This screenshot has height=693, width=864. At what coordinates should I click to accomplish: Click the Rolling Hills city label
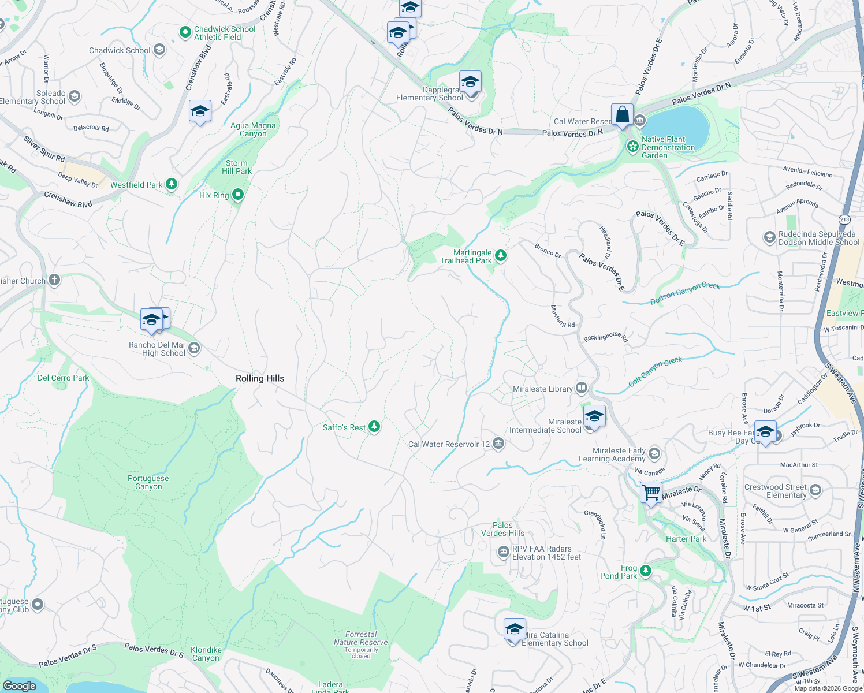pos(260,378)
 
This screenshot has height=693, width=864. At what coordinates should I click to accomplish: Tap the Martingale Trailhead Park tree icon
pos(501,255)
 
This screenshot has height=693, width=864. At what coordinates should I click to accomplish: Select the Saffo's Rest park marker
pos(374,427)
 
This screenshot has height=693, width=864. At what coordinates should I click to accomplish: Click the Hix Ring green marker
pos(237,195)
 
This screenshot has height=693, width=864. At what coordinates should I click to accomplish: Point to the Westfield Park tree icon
pos(172,184)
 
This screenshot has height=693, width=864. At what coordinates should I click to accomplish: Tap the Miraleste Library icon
pos(582,388)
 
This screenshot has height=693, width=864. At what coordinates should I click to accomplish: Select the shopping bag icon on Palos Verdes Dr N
pos(622,115)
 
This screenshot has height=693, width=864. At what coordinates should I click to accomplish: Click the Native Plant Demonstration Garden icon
pos(632,147)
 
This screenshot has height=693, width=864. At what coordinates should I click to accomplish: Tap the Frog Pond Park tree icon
pos(646,571)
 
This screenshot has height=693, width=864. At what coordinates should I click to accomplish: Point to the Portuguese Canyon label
pos(148,482)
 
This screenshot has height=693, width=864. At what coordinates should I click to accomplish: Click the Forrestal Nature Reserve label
pos(361,638)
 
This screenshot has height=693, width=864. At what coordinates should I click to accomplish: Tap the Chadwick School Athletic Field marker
pos(185,32)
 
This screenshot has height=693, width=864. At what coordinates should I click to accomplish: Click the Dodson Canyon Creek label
pos(685,293)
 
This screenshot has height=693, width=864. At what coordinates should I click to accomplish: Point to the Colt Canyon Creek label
pos(655,371)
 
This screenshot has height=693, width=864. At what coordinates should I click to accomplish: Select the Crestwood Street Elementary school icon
pos(815,490)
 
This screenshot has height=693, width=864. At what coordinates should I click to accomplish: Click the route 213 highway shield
pos(844,219)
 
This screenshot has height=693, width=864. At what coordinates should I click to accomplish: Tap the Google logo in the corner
pos(19,685)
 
